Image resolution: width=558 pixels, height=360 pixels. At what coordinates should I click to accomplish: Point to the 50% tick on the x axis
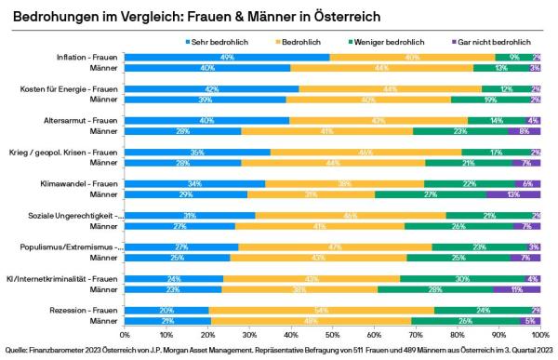[x=333, y=330]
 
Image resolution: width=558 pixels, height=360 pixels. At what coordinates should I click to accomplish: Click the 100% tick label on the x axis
[x=539, y=330]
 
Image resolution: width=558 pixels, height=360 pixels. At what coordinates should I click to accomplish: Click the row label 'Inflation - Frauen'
[x=85, y=58]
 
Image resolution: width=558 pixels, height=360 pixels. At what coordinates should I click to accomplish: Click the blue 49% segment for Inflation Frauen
[x=227, y=58]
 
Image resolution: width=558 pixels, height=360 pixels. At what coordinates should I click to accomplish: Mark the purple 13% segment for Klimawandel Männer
[x=513, y=194]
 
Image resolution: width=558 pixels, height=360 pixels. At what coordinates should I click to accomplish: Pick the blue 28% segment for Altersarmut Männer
[x=183, y=131]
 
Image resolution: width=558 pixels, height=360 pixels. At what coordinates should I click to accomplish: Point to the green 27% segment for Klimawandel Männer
[x=431, y=194]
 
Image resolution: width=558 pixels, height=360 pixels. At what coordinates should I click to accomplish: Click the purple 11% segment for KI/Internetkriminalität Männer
[x=518, y=288]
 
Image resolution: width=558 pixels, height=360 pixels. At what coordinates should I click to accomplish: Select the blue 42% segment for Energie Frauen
[x=212, y=89]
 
